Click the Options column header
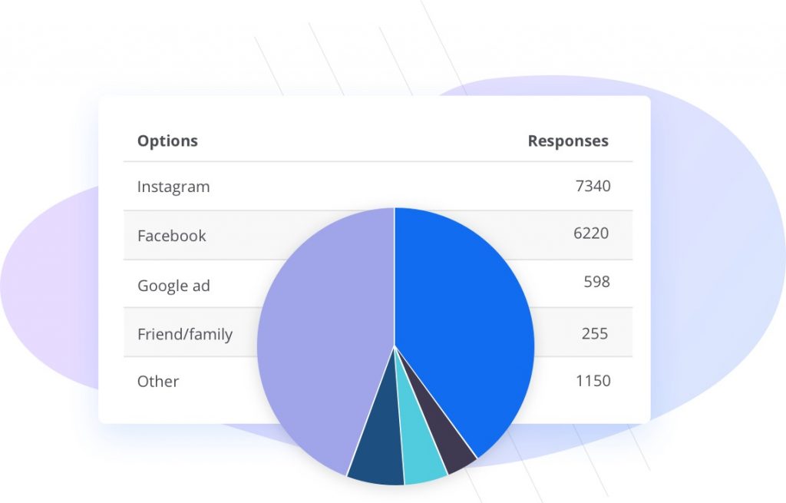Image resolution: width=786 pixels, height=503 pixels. pyautogui.click(x=167, y=141)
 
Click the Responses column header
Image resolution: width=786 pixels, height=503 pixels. pyautogui.click(x=568, y=141)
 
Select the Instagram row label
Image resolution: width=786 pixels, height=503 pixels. pyautogui.click(x=173, y=187)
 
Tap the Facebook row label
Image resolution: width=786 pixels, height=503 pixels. pyautogui.click(x=171, y=236)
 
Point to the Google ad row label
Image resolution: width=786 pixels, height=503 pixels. pyautogui.click(x=173, y=286)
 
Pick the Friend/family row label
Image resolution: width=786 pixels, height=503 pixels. pyautogui.click(x=184, y=334)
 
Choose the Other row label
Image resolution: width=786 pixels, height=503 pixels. pyautogui.click(x=158, y=382)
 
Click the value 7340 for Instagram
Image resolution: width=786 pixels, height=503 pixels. pyautogui.click(x=593, y=186)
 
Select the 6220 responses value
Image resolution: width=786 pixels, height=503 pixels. pyautogui.click(x=591, y=233)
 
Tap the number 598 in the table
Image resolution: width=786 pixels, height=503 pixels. pyautogui.click(x=596, y=282)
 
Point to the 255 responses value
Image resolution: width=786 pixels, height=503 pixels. pyautogui.click(x=595, y=333)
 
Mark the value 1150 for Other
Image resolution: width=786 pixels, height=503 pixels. pyautogui.click(x=593, y=380)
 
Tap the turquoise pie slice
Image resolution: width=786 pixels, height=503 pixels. pyautogui.click(x=422, y=453)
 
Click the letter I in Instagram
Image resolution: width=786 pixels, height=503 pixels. pyautogui.click(x=139, y=187)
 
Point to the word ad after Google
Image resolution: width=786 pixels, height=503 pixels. pyautogui.click(x=201, y=286)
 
